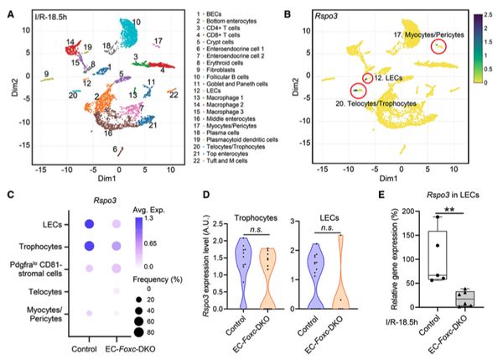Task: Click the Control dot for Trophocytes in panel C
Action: click(x=86, y=245)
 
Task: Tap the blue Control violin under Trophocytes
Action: click(x=242, y=269)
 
